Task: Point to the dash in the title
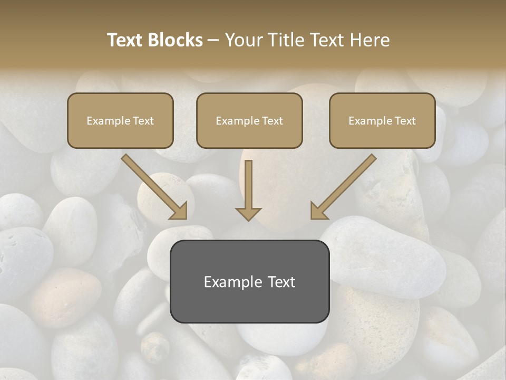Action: point(213,40)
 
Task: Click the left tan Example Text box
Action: point(120,120)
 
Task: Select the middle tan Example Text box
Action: point(249,120)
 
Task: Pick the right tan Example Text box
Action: point(382,120)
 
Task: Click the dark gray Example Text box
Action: point(249,281)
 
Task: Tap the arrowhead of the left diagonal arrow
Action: point(179,212)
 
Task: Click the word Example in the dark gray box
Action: point(232,282)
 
